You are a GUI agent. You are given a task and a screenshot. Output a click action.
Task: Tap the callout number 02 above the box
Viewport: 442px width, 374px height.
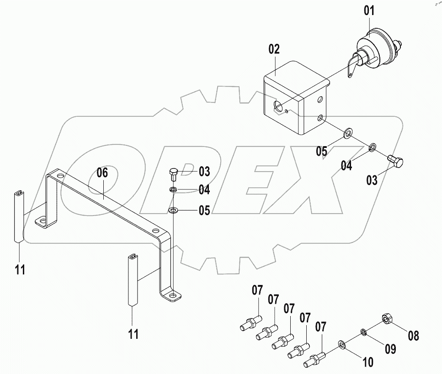274,50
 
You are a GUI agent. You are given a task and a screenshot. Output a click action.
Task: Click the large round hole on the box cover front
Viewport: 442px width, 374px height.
277,107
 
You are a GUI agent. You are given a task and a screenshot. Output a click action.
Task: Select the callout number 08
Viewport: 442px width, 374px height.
413,336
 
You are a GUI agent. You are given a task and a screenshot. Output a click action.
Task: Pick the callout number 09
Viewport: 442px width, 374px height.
389,349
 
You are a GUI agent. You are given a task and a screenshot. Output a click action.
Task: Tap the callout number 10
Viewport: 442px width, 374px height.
367,362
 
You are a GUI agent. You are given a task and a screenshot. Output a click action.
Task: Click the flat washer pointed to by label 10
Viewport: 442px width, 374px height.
341,343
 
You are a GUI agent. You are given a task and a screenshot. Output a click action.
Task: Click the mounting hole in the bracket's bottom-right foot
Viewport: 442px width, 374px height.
172,295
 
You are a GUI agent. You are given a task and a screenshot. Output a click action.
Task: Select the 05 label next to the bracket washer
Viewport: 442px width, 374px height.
204,211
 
